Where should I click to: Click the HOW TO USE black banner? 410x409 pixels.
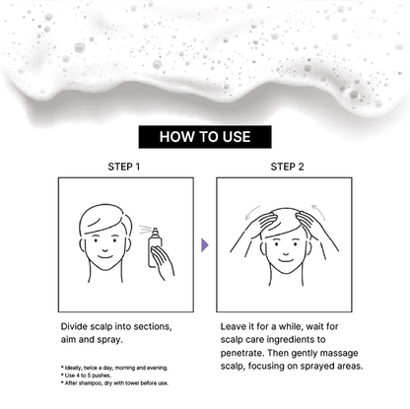coord(205,137)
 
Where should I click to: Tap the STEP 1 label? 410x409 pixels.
coord(124,167)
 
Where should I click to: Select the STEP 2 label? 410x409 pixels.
coord(287,167)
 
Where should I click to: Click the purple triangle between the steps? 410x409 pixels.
coord(205,245)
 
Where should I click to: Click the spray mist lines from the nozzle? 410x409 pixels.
coord(145,229)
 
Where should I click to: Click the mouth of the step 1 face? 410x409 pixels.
coord(105,256)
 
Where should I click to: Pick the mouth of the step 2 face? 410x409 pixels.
coord(286,260)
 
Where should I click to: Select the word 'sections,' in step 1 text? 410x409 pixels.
coord(153,327)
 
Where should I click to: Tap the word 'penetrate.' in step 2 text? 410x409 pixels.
coord(242,353)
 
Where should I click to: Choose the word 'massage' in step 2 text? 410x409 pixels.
coord(339,354)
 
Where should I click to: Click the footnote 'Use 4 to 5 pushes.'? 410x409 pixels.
coord(86,375)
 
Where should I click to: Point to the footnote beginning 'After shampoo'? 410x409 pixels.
coord(114,383)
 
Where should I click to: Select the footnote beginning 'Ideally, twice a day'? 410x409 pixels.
coord(114,368)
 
